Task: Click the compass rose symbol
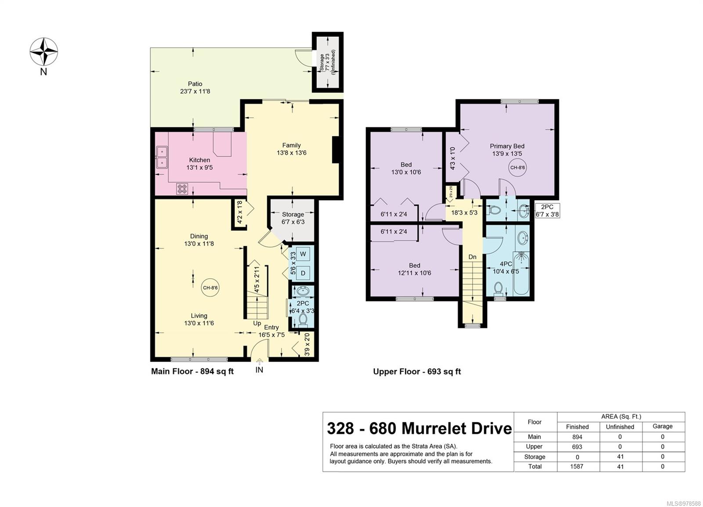[44, 52]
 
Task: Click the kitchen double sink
[162, 158]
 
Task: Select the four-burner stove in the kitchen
[182, 189]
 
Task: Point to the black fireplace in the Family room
[336, 150]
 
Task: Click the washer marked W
[303, 254]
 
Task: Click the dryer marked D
[303, 273]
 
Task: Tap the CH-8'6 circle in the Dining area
[210, 288]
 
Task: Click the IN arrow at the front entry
[259, 362]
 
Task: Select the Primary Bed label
[507, 146]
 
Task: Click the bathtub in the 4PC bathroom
[521, 273]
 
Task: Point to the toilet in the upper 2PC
[494, 210]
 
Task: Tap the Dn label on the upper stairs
[472, 257]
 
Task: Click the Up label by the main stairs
[257, 323]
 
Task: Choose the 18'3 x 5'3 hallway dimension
[464, 212]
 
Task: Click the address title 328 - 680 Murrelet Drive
[419, 428]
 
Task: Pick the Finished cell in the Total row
[577, 466]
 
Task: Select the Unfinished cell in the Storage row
[620, 457]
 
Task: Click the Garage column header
[663, 426]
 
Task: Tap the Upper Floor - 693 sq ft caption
[417, 371]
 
